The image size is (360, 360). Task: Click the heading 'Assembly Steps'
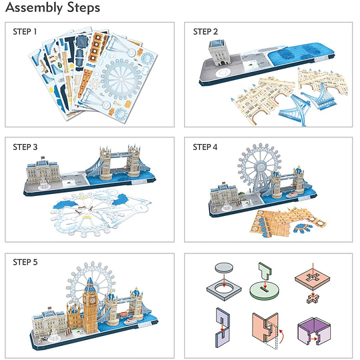(x=53, y=7)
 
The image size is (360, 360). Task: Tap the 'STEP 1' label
(x=25, y=32)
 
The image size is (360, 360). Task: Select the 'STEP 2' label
(x=205, y=32)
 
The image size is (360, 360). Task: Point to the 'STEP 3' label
(x=25, y=147)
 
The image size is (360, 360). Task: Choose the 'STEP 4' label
(x=205, y=147)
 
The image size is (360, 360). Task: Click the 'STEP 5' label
(x=25, y=262)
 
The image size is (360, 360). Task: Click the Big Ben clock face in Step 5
(x=92, y=300)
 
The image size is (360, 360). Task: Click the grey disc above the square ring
(x=224, y=267)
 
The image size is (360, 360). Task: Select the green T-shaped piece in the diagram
(x=265, y=270)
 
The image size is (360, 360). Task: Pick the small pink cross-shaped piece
(x=313, y=299)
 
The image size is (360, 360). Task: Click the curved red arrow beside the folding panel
(x=282, y=337)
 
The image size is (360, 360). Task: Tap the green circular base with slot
(x=265, y=291)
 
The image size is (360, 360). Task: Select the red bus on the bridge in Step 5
(x=124, y=314)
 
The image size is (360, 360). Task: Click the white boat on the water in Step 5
(x=131, y=321)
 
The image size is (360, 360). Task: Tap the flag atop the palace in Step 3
(x=43, y=158)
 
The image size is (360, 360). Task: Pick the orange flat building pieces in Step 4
(x=287, y=221)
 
